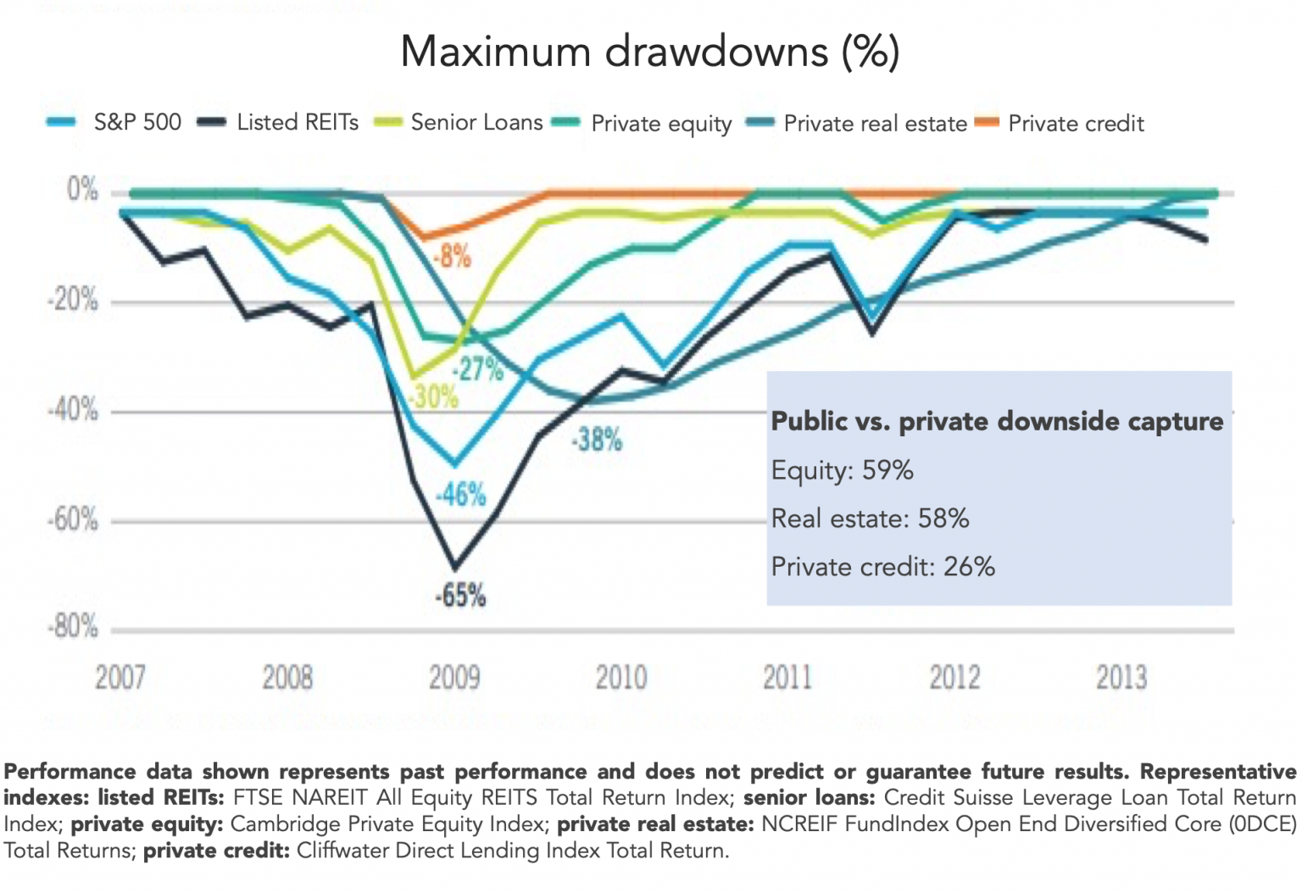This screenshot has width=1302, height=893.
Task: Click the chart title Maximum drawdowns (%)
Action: pos(649,52)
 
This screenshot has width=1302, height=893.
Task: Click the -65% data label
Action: pos(460,596)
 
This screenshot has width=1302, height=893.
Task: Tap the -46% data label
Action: pos(461,495)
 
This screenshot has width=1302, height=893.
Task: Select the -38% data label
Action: pos(597,441)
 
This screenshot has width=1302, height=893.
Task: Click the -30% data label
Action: pos(434,397)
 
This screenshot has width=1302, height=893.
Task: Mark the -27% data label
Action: pos(478,369)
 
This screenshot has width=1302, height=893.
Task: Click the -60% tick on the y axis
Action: pos(73,519)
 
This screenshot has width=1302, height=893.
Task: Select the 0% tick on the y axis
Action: pos(82,190)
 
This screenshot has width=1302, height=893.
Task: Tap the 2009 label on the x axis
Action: pos(454,678)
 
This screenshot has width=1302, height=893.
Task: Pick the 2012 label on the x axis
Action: pos(954,678)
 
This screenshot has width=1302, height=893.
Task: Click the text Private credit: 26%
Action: pos(882,567)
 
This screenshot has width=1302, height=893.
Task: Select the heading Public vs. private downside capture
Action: pos(997,421)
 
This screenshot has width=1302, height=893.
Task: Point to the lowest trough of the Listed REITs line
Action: pos(455,568)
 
